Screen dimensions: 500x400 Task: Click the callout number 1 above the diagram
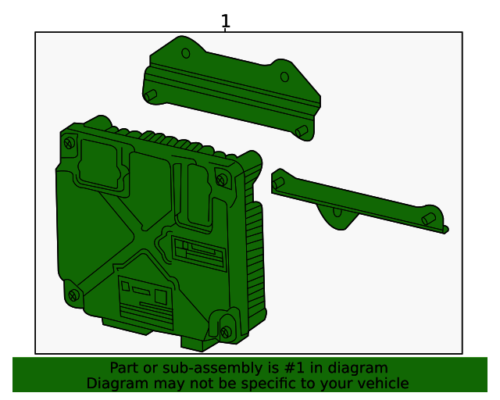tap(226, 21)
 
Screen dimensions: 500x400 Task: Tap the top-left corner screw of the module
tap(70, 143)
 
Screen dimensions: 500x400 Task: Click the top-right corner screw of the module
tap(222, 180)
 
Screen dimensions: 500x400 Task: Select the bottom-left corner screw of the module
tap(74, 295)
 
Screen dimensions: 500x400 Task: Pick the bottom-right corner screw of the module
tap(226, 332)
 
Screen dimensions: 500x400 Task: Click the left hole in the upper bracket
tap(186, 53)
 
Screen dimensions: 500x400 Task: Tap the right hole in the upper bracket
tap(284, 77)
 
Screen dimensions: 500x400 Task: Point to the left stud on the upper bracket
tap(151, 95)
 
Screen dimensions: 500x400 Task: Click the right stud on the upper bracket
tap(302, 130)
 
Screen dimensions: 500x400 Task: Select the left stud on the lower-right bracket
tap(278, 183)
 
